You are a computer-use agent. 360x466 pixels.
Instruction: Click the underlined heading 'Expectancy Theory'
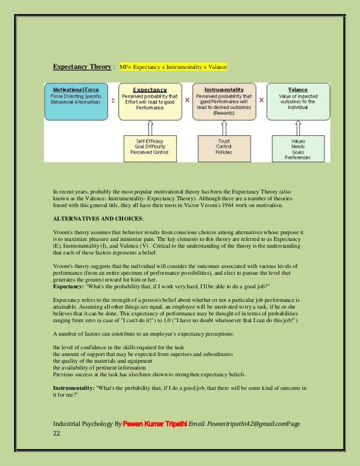[x=82, y=67]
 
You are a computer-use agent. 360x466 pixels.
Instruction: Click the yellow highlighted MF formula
[x=173, y=67]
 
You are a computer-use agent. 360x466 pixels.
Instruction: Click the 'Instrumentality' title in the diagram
[x=224, y=89]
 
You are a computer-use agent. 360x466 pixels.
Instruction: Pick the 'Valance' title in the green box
[x=297, y=90]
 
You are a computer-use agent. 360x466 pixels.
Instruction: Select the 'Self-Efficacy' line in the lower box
[x=150, y=140]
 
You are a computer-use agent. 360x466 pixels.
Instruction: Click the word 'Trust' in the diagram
[x=223, y=140]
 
